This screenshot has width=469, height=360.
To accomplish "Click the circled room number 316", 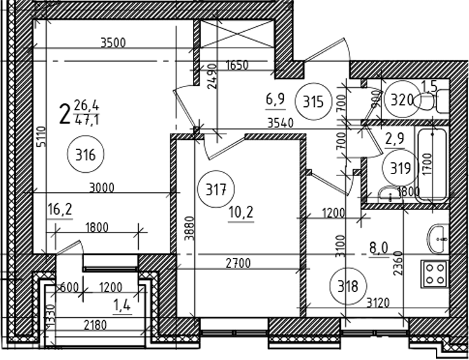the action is tap(86, 154).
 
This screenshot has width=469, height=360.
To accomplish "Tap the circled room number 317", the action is tap(216, 189).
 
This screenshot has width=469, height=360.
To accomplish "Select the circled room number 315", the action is tap(313, 102).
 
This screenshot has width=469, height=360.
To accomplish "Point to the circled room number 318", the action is tap(348, 286).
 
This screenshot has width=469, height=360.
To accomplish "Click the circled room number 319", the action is tap(401, 168).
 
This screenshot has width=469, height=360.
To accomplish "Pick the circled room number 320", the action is tap(402, 99).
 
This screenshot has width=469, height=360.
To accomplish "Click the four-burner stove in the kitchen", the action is tap(435, 274).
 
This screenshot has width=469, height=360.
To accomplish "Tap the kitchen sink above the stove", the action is tap(438, 239).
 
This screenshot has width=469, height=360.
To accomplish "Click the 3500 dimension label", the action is tap(113, 43).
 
